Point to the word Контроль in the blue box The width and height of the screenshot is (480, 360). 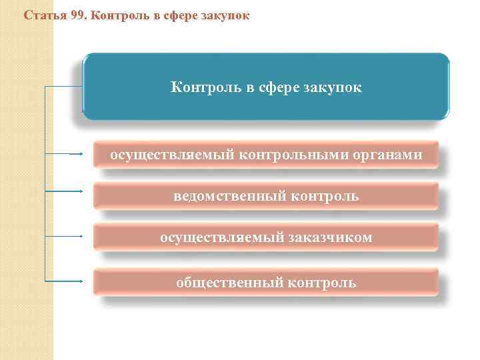click(x=203, y=87)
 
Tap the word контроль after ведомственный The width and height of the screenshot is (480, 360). click(x=323, y=196)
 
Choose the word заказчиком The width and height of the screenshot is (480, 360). click(x=331, y=237)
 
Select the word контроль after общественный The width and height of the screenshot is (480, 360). click(x=322, y=283)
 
